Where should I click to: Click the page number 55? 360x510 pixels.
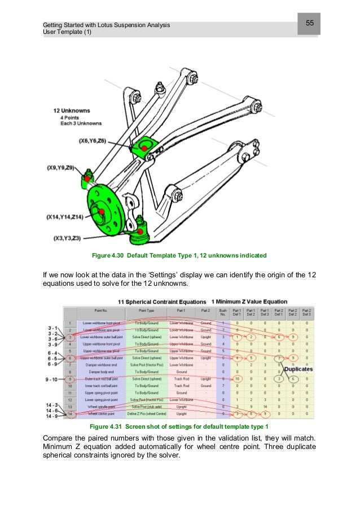(x=309, y=23)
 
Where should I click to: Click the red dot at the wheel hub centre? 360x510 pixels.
(x=100, y=211)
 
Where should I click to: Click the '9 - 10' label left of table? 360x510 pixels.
(x=52, y=380)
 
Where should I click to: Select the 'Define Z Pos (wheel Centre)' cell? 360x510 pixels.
(x=144, y=415)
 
